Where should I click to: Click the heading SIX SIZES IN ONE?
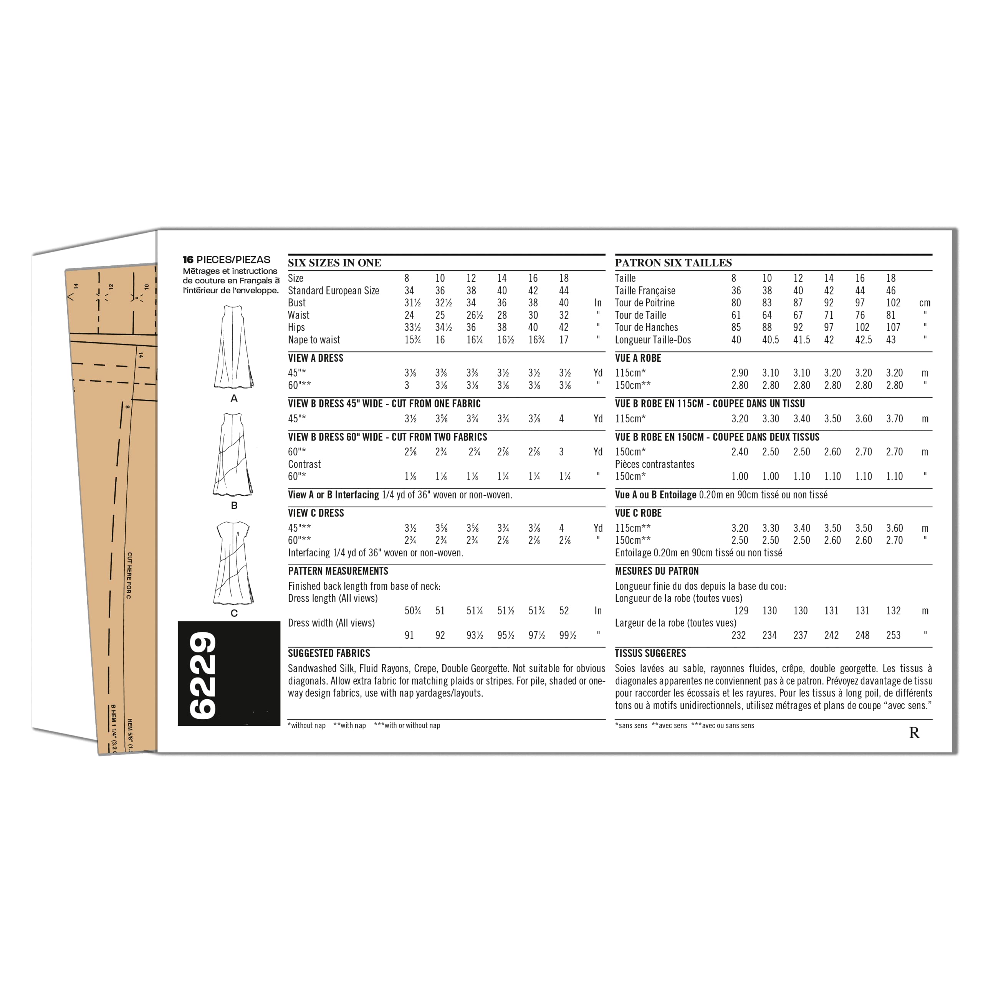[334, 263]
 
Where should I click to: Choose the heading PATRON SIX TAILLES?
[673, 263]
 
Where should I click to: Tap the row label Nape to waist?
[314, 340]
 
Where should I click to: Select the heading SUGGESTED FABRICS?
[329, 653]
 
